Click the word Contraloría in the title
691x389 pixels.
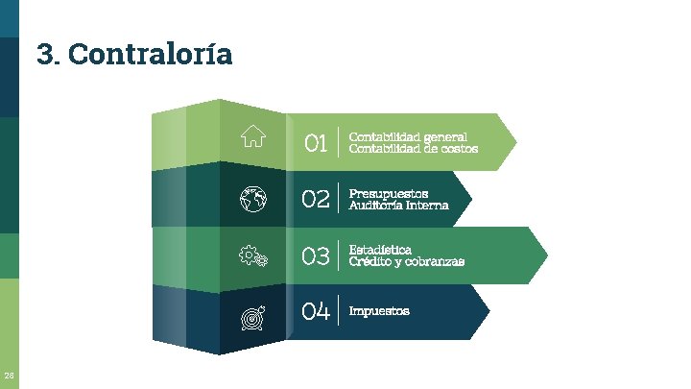point(151,54)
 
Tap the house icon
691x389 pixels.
point(253,136)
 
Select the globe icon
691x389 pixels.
point(253,200)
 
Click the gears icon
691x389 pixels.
point(253,255)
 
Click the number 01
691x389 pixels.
point(316,144)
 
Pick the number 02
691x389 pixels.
point(316,200)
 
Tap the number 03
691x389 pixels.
point(316,255)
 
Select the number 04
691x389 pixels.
point(316,311)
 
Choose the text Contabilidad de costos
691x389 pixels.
point(414,149)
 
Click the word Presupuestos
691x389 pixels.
point(389,193)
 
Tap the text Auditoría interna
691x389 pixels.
point(398,205)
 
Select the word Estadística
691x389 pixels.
point(381,250)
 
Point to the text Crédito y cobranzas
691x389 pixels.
point(407,261)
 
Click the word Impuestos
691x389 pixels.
point(379,311)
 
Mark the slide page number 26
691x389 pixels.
point(9,375)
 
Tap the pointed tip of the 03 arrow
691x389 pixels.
point(547,255)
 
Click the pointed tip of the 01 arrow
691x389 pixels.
point(515,142)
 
